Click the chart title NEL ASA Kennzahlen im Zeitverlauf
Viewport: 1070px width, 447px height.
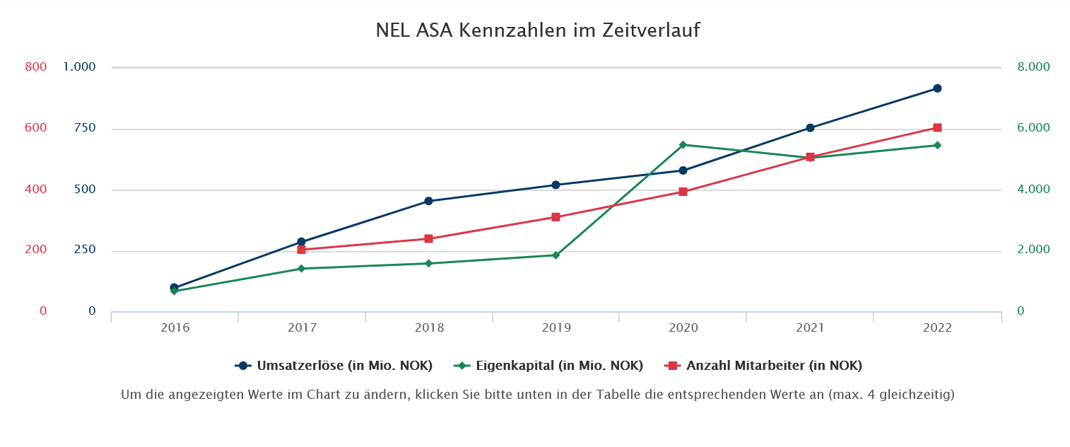coord(538,31)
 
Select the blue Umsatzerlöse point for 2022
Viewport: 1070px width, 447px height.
coord(937,88)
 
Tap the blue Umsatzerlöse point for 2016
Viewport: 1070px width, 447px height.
coord(174,288)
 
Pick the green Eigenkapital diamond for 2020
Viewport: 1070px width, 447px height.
coord(683,145)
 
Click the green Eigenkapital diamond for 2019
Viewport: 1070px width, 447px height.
coord(555,255)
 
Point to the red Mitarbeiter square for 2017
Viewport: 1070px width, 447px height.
coord(301,250)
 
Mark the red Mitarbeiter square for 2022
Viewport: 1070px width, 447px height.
coord(937,128)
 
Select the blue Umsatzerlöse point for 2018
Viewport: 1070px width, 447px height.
coord(428,201)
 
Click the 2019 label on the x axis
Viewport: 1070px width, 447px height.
coord(556,328)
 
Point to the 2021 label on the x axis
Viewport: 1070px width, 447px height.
coord(810,328)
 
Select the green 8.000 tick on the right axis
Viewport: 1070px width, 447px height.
coord(1033,67)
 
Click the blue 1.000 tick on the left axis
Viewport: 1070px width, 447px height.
coord(79,67)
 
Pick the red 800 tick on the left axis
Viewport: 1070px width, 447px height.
coord(35,67)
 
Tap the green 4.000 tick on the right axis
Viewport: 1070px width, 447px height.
coord(1033,190)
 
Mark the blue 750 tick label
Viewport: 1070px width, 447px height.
coord(84,128)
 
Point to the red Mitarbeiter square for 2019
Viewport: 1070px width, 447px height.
coord(555,217)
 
